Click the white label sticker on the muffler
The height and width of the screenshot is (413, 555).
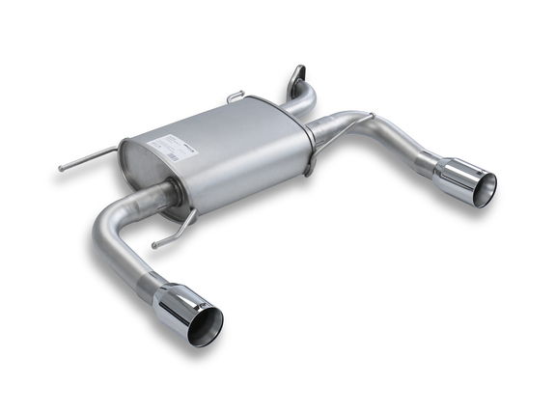(172, 146)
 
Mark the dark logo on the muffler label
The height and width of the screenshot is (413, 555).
(187, 145)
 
